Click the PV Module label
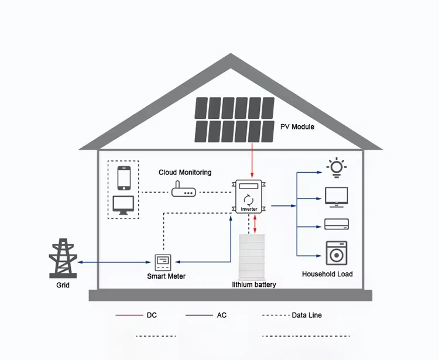(x=297, y=126)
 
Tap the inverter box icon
(x=251, y=197)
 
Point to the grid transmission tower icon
(x=63, y=258)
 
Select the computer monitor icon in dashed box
(x=124, y=204)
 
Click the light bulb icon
(x=337, y=167)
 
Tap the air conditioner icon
(x=337, y=224)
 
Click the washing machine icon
(x=337, y=253)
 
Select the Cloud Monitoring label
(x=185, y=173)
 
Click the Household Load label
(x=327, y=274)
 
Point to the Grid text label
(x=63, y=285)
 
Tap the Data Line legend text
(x=307, y=315)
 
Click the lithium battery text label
(x=253, y=284)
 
